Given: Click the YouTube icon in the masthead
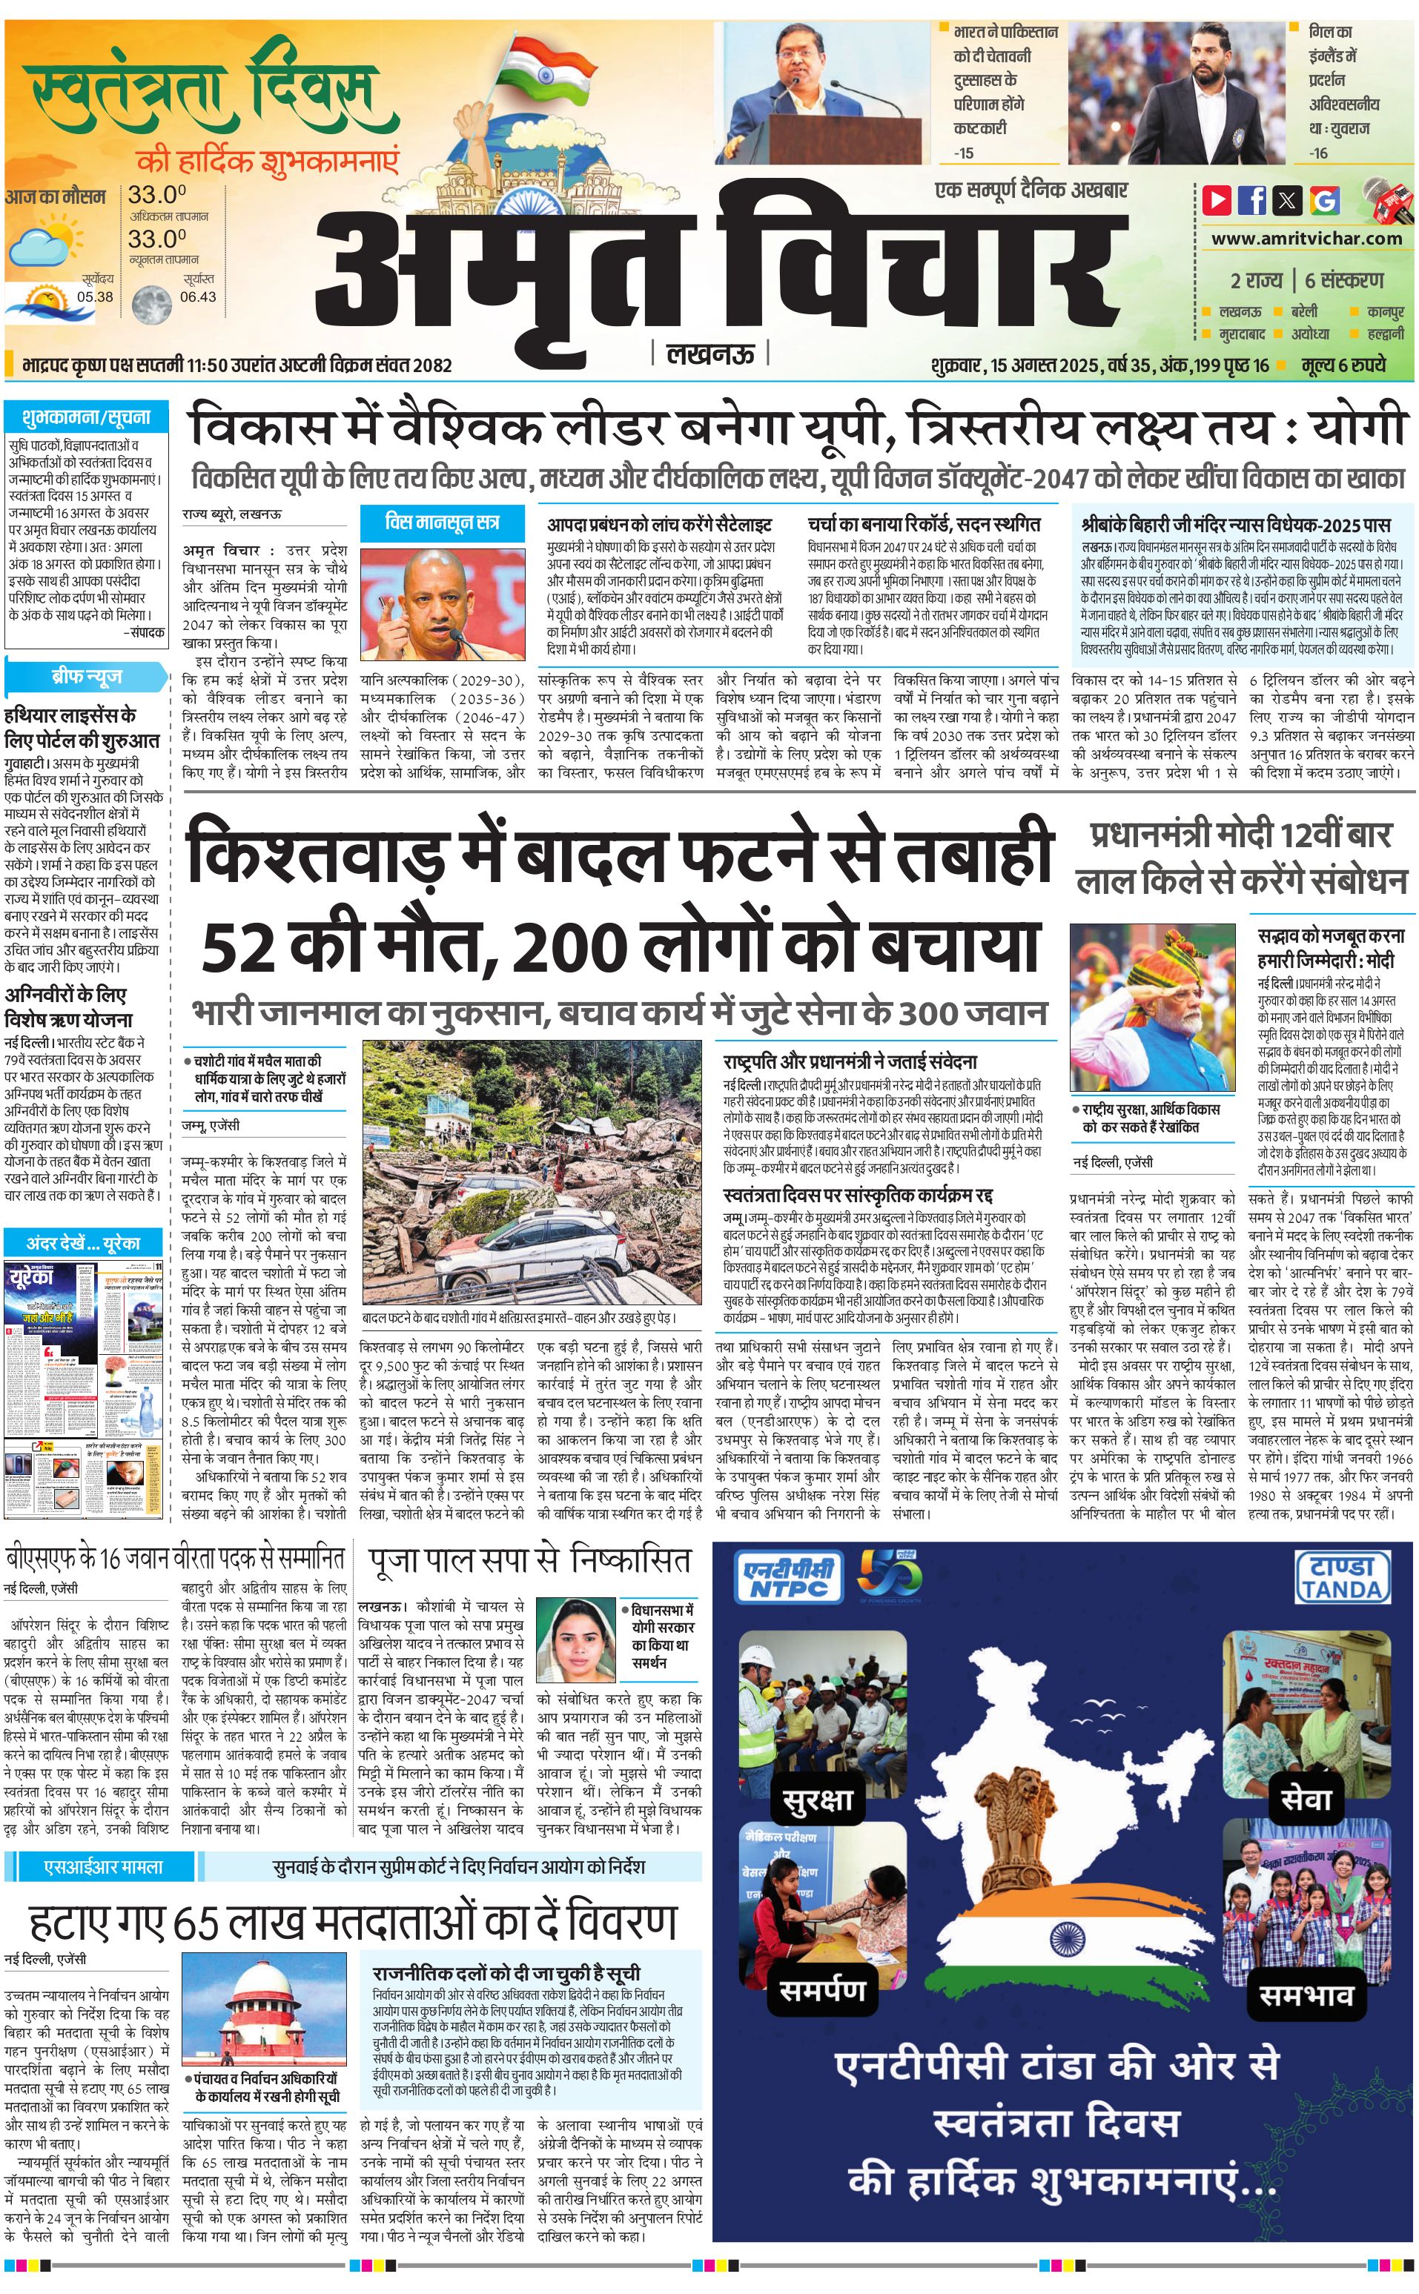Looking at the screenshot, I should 1217,200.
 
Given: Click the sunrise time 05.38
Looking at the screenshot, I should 95,296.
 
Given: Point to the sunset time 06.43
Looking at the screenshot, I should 197,296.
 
